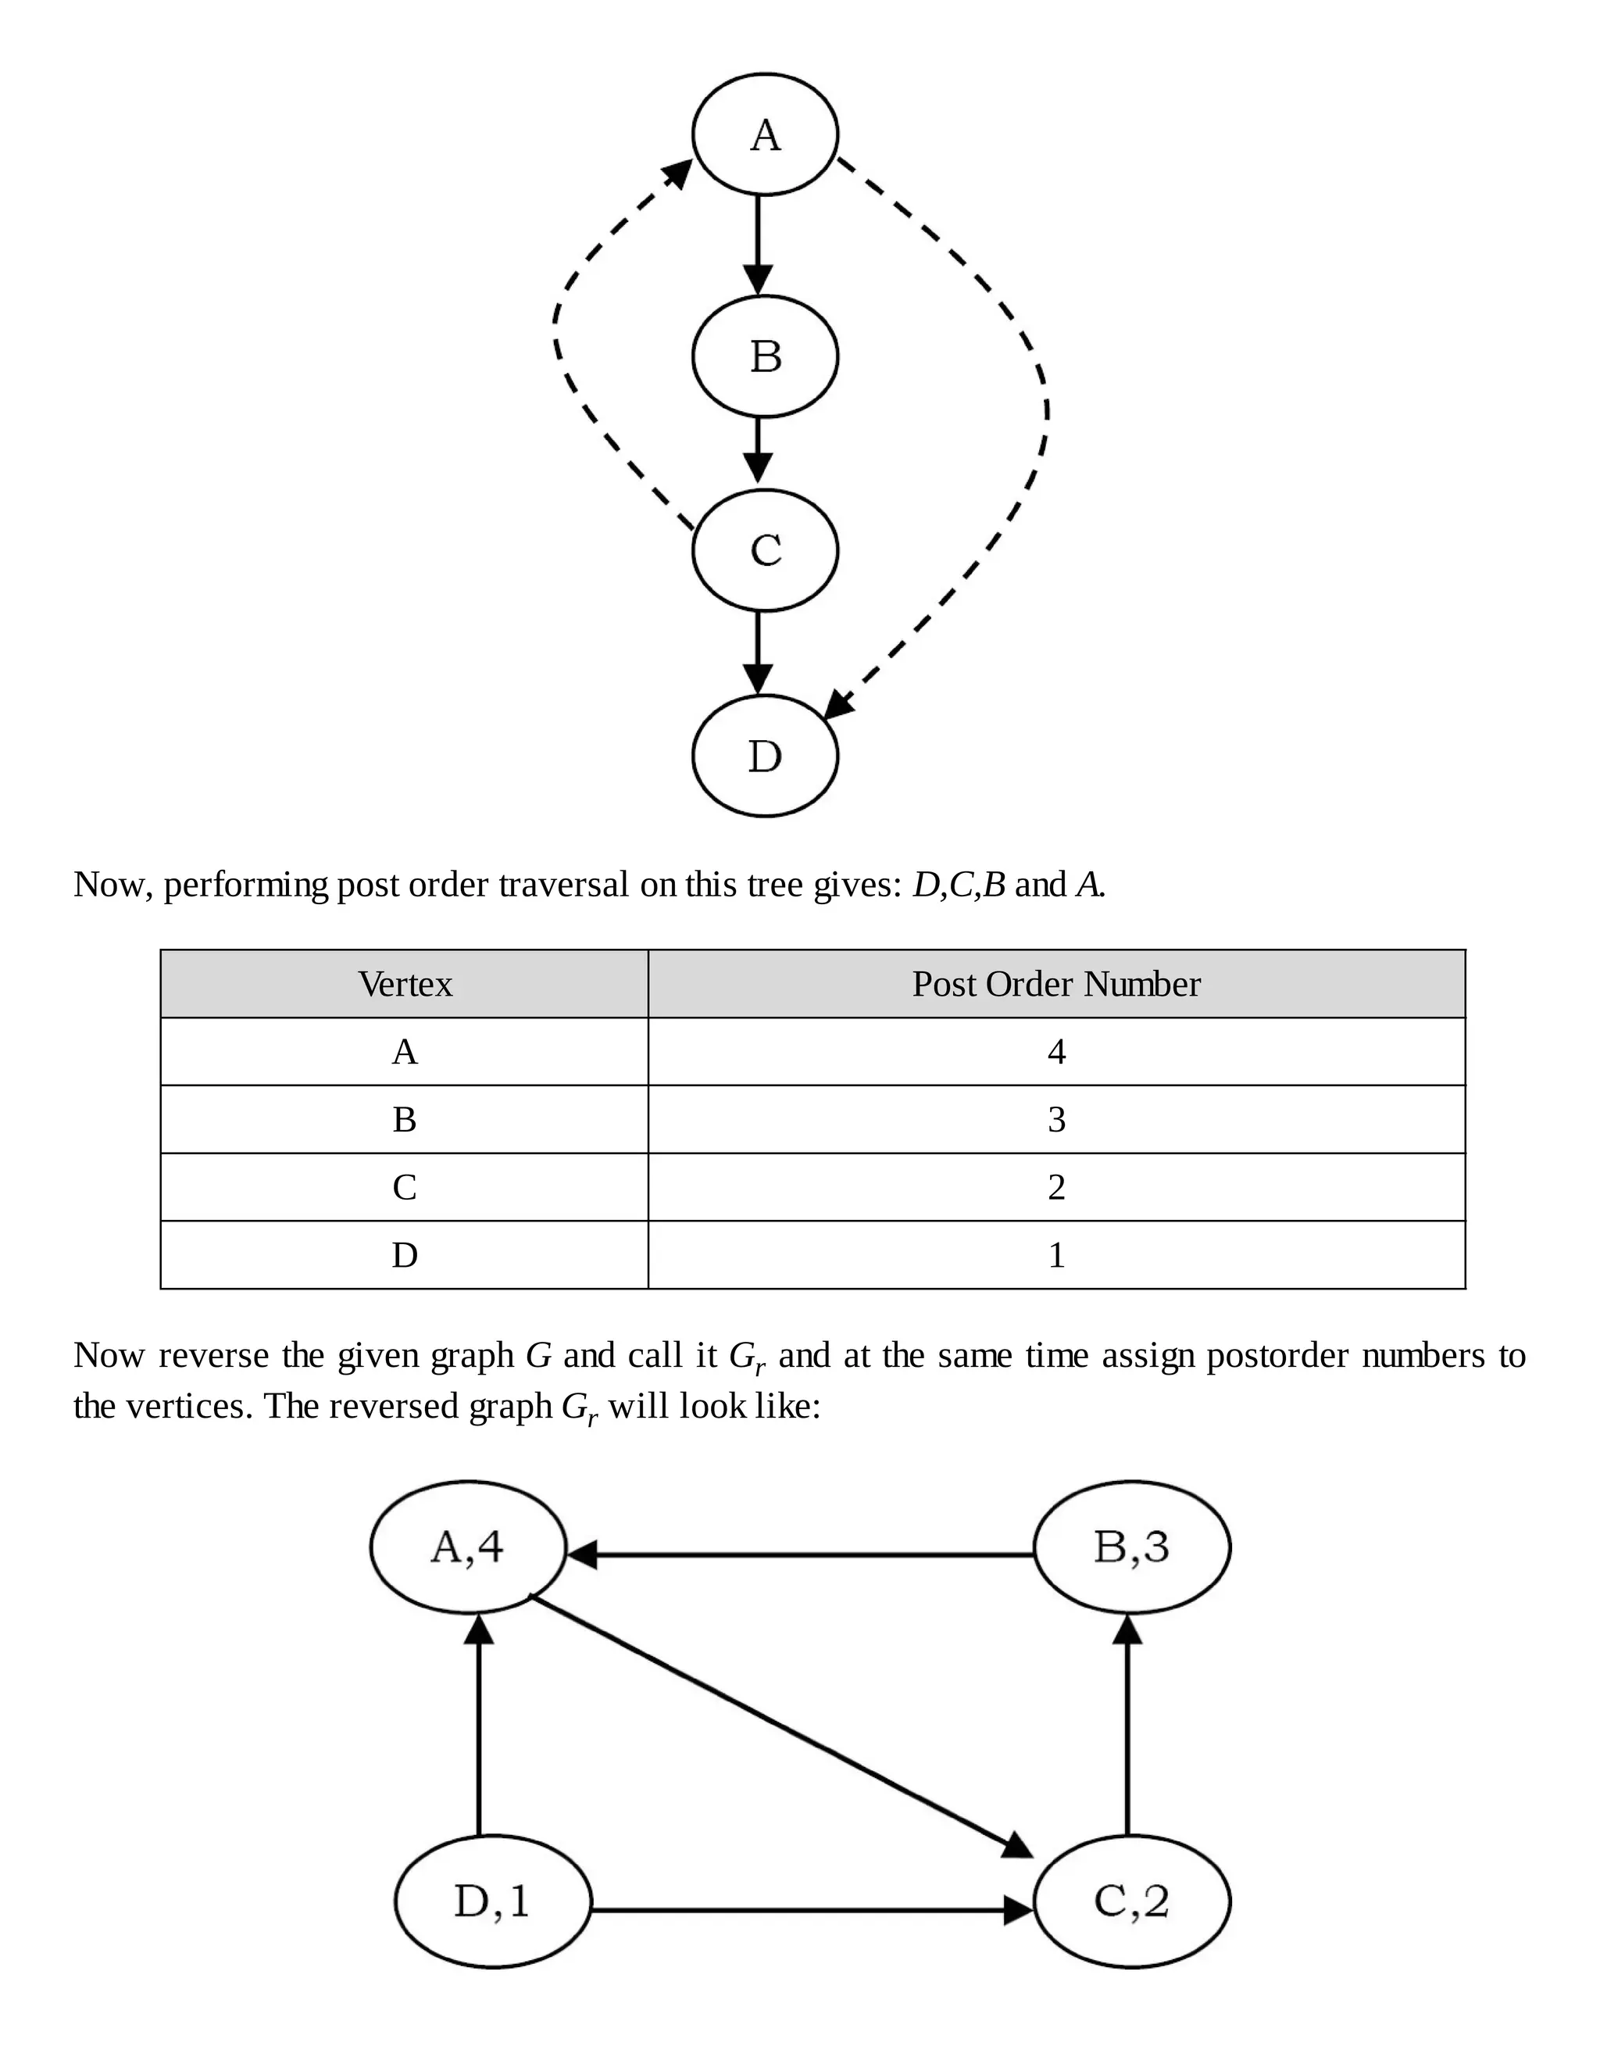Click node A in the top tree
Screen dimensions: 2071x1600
[765, 134]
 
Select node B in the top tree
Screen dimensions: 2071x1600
[765, 356]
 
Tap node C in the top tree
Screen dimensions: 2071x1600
[765, 550]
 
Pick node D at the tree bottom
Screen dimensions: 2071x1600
[765, 756]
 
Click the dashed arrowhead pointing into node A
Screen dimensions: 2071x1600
[677, 173]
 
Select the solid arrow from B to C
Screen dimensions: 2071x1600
[757, 449]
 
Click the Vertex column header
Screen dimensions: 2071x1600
[405, 984]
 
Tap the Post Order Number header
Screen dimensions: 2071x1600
[1056, 984]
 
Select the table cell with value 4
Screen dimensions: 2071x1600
[1056, 1052]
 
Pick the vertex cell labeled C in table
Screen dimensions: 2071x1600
[405, 1187]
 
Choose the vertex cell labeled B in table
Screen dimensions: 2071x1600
[405, 1120]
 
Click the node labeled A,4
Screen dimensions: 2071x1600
[467, 1547]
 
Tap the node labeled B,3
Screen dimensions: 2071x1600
[1130, 1547]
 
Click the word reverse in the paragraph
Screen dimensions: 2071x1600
[213, 1356]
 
